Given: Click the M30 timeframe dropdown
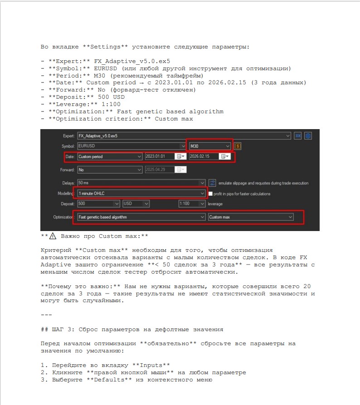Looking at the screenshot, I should click(x=210, y=146).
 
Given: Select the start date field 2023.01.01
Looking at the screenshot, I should click(x=160, y=156).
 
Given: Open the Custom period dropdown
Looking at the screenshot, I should click(x=110, y=156).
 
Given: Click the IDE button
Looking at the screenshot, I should click(x=298, y=135).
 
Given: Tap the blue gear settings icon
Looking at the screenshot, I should click(x=308, y=135).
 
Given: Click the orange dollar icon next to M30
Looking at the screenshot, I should click(x=238, y=146).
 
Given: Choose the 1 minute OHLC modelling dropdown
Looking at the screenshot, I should click(x=141, y=193).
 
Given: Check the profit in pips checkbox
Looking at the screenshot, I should click(x=211, y=194).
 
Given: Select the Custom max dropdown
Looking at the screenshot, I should click(x=251, y=217).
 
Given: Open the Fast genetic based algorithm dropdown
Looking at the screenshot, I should click(x=141, y=217).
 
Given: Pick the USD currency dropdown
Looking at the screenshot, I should click(x=136, y=204).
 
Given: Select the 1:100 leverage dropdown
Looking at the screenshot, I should click(x=192, y=204).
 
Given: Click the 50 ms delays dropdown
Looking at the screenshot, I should click(x=141, y=183).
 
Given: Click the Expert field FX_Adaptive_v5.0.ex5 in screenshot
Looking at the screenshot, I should click(x=181, y=135).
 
